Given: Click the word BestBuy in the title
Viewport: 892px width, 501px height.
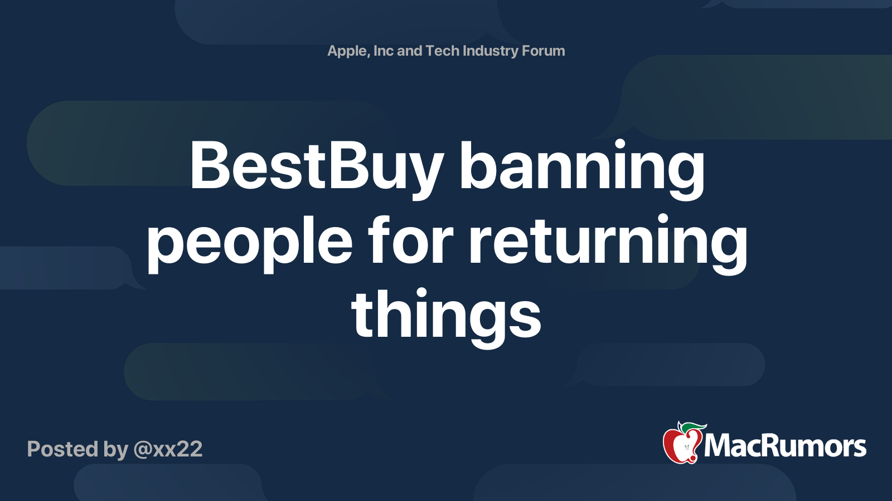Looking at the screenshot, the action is [317, 169].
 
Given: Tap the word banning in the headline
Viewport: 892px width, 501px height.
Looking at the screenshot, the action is [582, 169].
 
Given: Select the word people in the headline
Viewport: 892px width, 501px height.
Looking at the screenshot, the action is [250, 243].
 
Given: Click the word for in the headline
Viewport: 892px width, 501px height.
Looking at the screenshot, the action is [411, 239].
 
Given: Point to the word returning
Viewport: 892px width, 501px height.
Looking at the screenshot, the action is [608, 243].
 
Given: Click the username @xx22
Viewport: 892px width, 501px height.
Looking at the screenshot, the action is [168, 449].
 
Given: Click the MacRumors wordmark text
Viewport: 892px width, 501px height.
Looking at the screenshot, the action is [785, 446].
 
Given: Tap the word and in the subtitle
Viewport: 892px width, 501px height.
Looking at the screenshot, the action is [409, 51].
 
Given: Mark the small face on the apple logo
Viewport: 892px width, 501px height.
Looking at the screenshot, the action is [686, 448].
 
